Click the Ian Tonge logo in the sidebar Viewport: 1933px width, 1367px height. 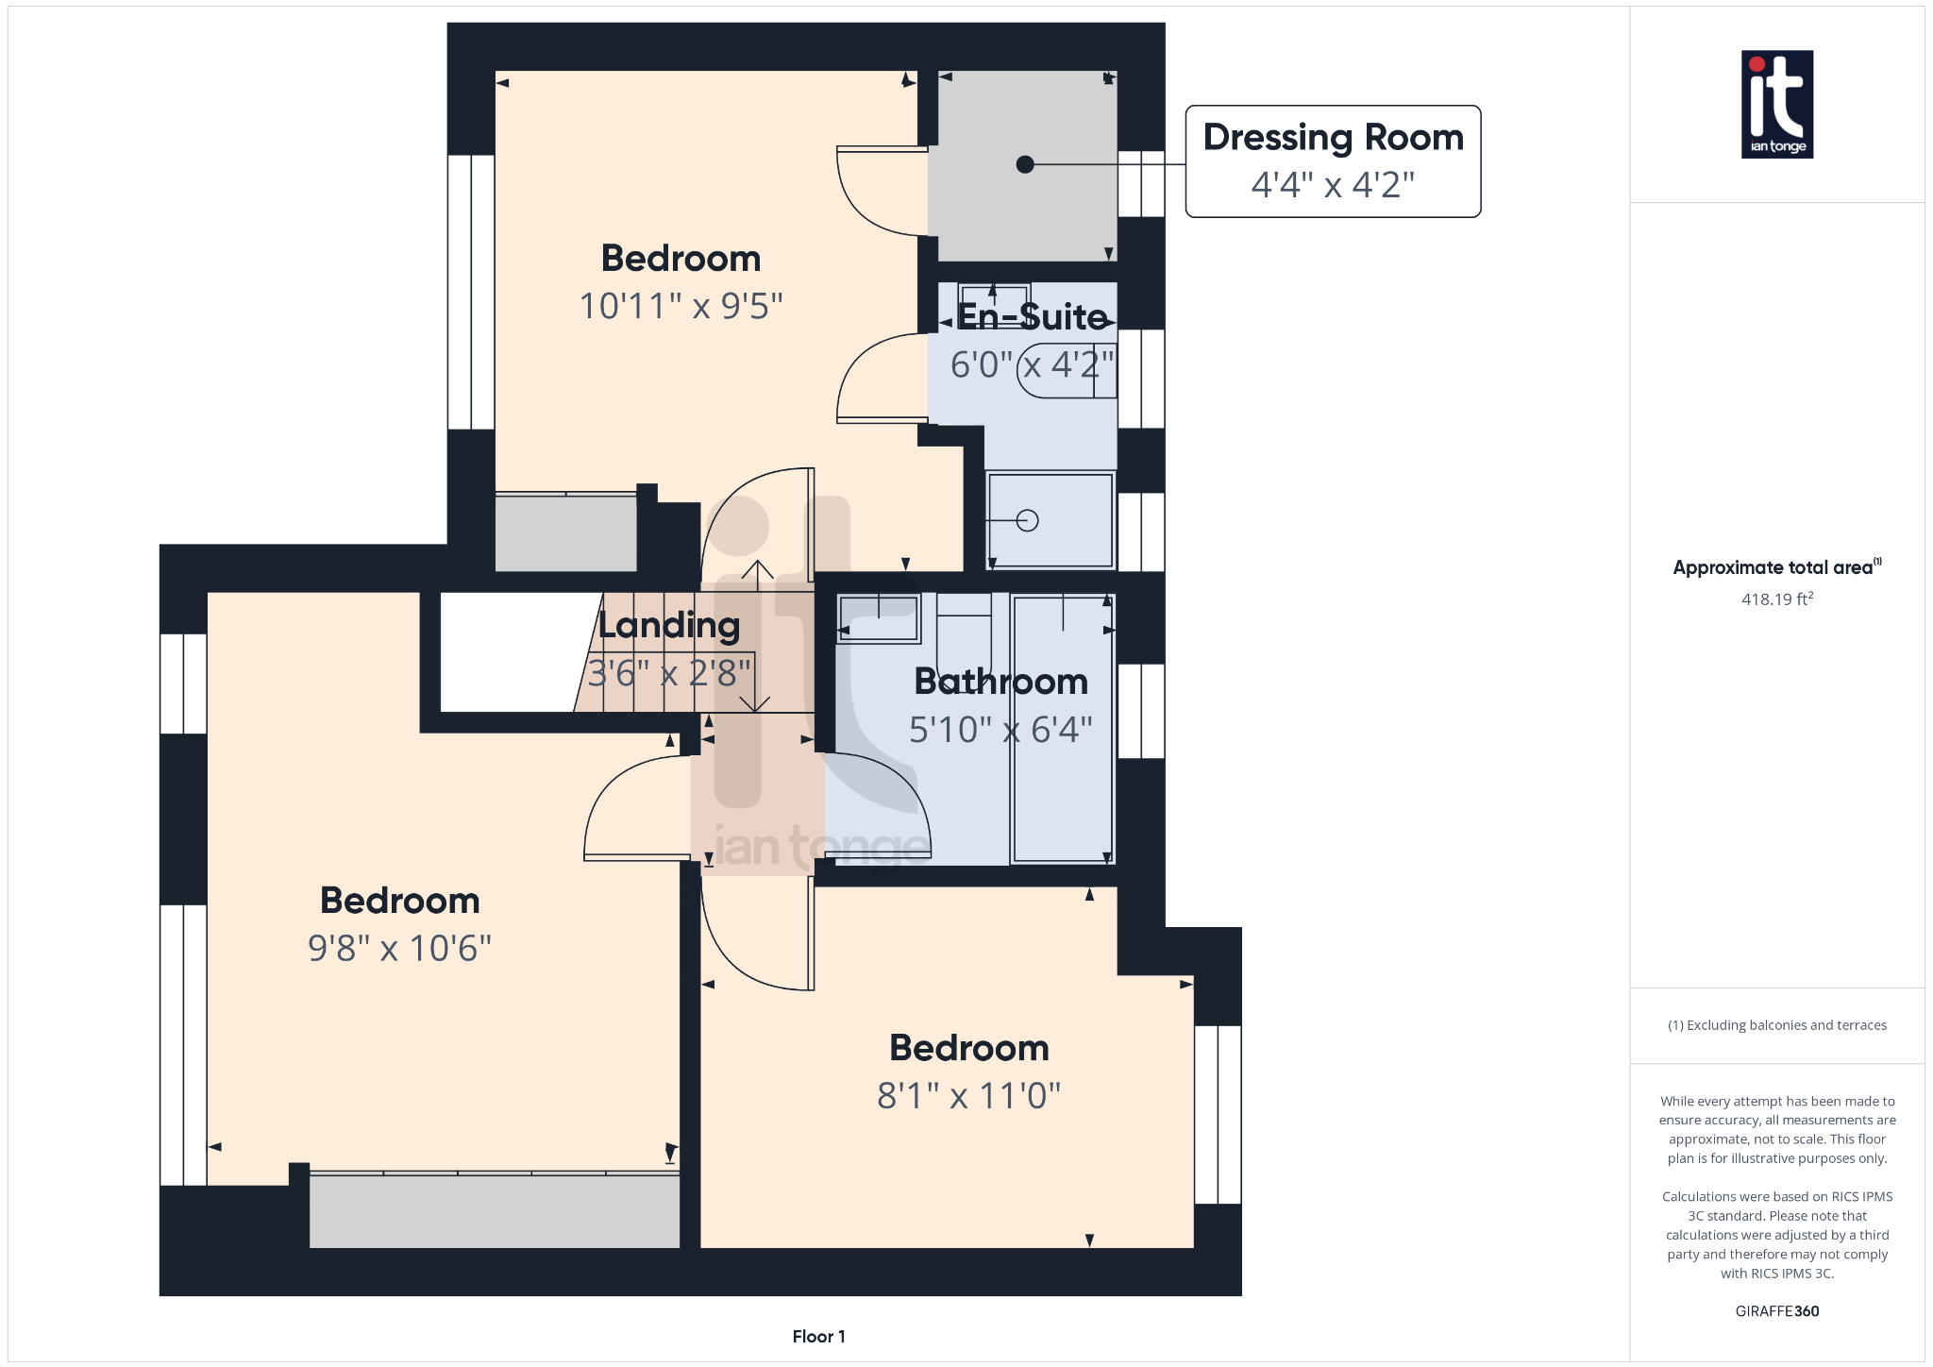coord(1776,104)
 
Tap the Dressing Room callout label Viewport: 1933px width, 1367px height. coord(1333,138)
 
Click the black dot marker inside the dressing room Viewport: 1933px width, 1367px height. coord(1025,164)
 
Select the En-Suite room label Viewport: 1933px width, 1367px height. coord(1032,317)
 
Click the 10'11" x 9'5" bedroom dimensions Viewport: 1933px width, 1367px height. coord(681,306)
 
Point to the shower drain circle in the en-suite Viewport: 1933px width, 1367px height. coord(1028,520)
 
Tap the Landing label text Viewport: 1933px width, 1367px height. coord(669,625)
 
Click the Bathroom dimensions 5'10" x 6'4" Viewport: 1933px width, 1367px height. coord(1000,730)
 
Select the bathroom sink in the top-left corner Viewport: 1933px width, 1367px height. coord(879,619)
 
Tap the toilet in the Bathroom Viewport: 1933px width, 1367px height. coord(964,633)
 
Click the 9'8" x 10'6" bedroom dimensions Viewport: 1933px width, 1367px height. coord(399,948)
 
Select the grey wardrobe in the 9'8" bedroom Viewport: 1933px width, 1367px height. coord(494,1210)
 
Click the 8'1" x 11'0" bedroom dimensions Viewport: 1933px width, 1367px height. coord(968,1096)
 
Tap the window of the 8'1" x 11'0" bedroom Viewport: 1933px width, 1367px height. coord(1218,1114)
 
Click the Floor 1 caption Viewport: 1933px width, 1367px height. coord(818,1336)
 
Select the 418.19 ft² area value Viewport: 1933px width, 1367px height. coord(1776,599)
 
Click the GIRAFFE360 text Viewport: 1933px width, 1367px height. coord(1776,1310)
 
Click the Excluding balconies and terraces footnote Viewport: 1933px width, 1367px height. coord(1776,1025)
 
